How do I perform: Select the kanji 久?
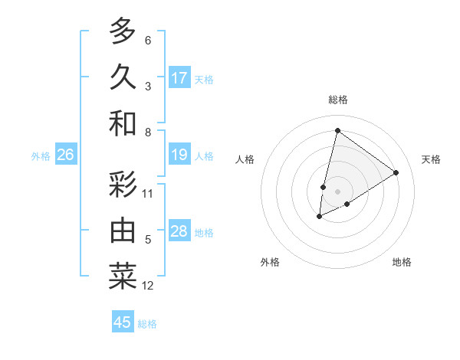[x=123, y=77]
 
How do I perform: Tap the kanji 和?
[x=123, y=123]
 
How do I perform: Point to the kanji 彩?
[x=123, y=185]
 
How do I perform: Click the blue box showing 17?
[x=179, y=77]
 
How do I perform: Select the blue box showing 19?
[x=179, y=155]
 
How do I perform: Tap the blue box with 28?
[x=179, y=231]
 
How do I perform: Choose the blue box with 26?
[x=65, y=155]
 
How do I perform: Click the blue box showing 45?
[x=123, y=322]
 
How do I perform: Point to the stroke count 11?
[x=148, y=194]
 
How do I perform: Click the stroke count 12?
[x=148, y=286]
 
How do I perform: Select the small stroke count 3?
[x=148, y=87]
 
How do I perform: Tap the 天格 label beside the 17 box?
[x=204, y=79]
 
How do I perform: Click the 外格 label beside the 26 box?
[x=41, y=156]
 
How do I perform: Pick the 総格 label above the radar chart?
[x=337, y=100]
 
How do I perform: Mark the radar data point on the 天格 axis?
[x=396, y=172]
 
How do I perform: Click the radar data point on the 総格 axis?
[x=337, y=130]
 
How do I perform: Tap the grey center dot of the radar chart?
[x=337, y=190]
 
